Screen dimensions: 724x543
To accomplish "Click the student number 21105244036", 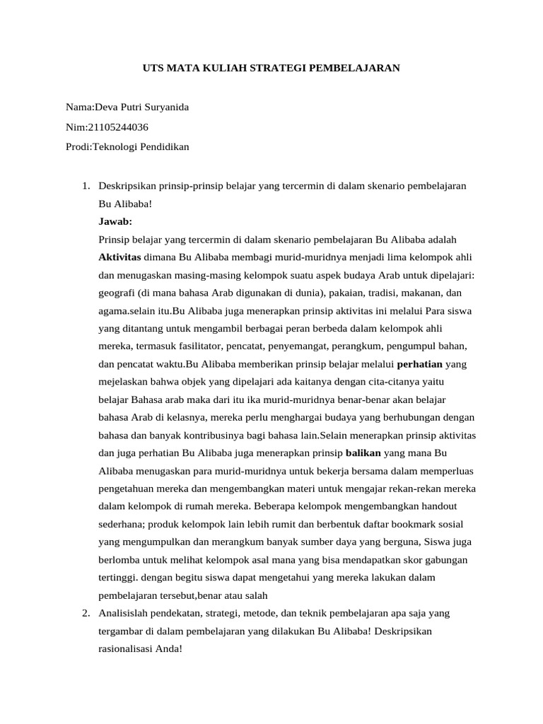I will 118,127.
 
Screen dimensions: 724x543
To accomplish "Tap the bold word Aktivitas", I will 119,256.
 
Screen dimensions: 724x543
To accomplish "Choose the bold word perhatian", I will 420,365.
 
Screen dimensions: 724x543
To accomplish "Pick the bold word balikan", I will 363,452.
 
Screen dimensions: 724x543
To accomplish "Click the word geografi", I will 118,291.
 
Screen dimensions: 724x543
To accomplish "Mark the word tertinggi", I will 117,559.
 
